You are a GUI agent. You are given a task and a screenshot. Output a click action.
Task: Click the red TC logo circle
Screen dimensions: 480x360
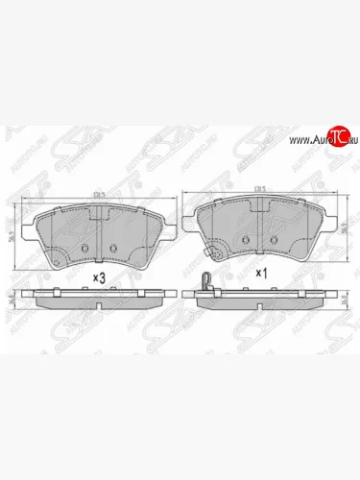[x=335, y=138]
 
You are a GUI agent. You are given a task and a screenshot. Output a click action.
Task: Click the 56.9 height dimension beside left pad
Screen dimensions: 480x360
[x=12, y=232]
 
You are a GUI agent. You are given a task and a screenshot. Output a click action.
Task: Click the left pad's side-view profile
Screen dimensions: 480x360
[x=98, y=300]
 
